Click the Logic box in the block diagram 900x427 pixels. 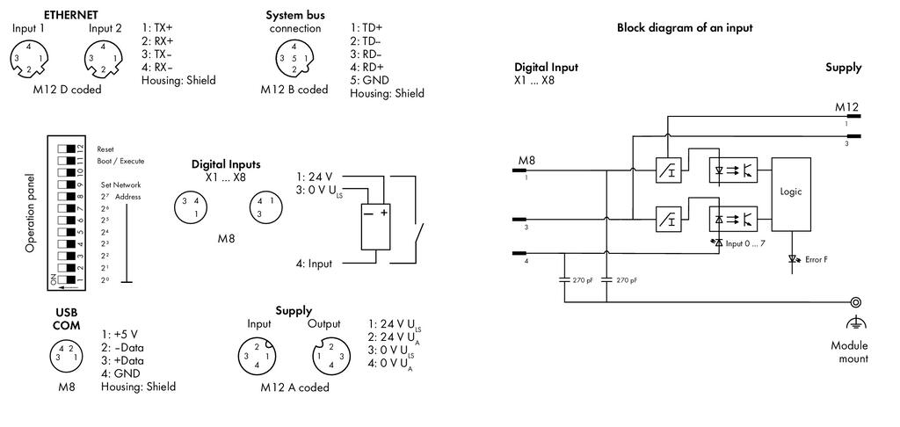pyautogui.click(x=791, y=194)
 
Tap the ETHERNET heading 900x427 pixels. pyautogui.click(x=71, y=15)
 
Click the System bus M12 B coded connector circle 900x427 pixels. pyautogui.click(x=294, y=59)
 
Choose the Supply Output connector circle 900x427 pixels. pyautogui.click(x=330, y=356)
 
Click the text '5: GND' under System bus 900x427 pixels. pyautogui.click(x=369, y=80)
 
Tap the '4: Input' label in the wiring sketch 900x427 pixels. pyautogui.click(x=314, y=264)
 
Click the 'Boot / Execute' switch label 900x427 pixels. pyautogui.click(x=120, y=162)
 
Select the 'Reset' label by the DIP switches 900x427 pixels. pyautogui.click(x=105, y=149)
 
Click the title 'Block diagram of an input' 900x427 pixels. pyautogui.click(x=684, y=27)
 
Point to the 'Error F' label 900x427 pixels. pyautogui.click(x=817, y=260)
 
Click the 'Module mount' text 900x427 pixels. pyautogui.click(x=850, y=352)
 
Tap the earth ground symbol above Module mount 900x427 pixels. pyautogui.click(x=856, y=323)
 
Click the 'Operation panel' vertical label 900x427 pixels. pyautogui.click(x=31, y=213)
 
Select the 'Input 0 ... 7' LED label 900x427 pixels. pyautogui.click(x=745, y=243)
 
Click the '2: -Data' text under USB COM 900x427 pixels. pyautogui.click(x=123, y=348)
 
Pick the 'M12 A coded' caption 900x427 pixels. pyautogui.click(x=295, y=388)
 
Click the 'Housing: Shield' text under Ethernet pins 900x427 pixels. pyautogui.click(x=178, y=80)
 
